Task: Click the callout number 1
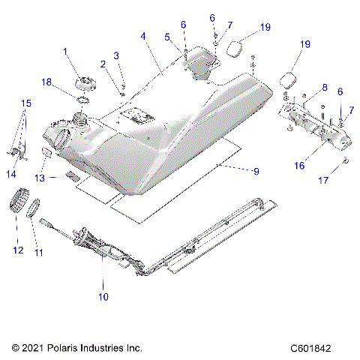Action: [x=65, y=50]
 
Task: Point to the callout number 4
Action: [x=142, y=35]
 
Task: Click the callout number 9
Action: [x=256, y=172]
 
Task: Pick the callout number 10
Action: [x=103, y=297]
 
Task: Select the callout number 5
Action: [x=168, y=35]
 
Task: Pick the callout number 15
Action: [x=25, y=102]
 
